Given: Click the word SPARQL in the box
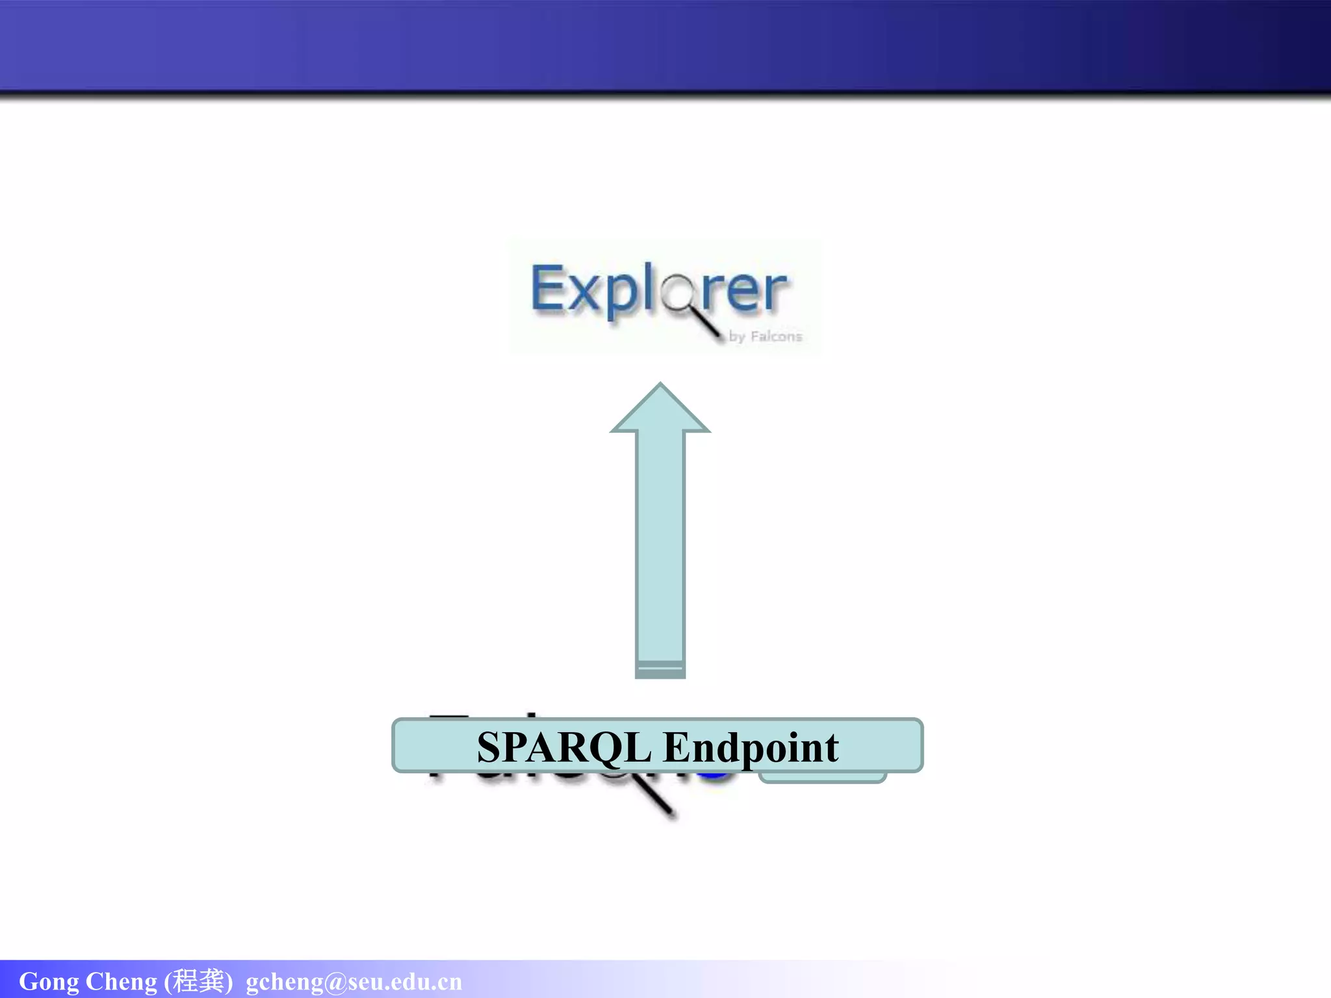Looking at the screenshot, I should (x=563, y=747).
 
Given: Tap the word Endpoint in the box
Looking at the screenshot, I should (x=751, y=747).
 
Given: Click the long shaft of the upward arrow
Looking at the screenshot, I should (x=660, y=546).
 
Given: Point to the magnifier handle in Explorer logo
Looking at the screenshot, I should (x=708, y=324).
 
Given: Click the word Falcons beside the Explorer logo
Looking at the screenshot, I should (x=776, y=337).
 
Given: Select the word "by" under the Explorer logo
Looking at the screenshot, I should (x=737, y=337).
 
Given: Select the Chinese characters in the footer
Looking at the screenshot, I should (x=198, y=980).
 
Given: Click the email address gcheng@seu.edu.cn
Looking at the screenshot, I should (x=354, y=982).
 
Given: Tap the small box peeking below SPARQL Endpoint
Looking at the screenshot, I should (x=822, y=778).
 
